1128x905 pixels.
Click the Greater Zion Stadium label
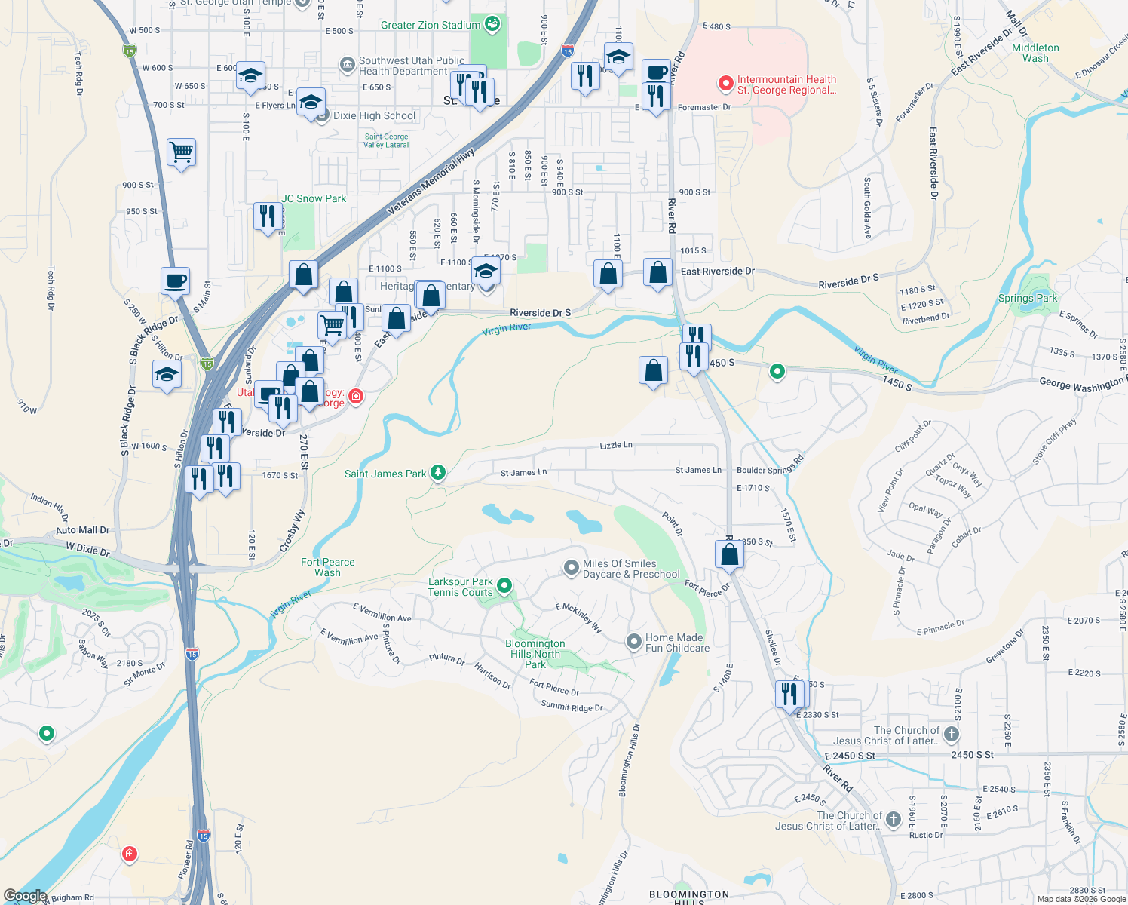[430, 25]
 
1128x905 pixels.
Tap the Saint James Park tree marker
[438, 473]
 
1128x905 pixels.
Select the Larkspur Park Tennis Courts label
[460, 587]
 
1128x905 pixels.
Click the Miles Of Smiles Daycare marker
[572, 567]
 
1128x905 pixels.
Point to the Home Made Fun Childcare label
[677, 643]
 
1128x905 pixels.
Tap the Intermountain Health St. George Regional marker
[725, 84]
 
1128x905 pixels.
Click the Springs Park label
[1027, 298]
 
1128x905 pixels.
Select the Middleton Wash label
[1035, 53]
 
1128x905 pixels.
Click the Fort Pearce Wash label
[327, 567]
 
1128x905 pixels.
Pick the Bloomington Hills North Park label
[535, 654]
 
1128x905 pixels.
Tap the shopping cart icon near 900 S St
[182, 153]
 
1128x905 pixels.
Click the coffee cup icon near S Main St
[176, 282]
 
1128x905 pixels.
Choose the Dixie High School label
[374, 115]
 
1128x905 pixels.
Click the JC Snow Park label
[314, 198]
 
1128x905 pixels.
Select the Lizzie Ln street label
[616, 445]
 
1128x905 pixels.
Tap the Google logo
[25, 896]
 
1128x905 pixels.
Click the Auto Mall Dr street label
[83, 530]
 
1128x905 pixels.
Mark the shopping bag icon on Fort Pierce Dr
[729, 554]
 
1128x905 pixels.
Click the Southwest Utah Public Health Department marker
[348, 65]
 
